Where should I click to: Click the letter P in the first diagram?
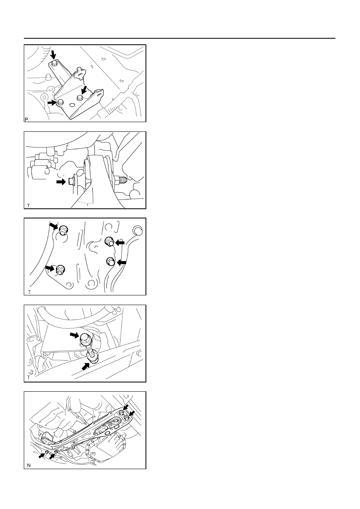click(26, 119)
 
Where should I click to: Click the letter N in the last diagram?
click(29, 465)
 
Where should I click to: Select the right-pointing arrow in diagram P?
click(52, 103)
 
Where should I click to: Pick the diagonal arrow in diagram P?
click(84, 89)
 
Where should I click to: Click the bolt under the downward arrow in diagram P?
click(54, 63)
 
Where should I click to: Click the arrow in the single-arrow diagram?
click(61, 182)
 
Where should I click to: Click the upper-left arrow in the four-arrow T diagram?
click(54, 226)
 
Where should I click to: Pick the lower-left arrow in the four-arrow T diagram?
click(50, 268)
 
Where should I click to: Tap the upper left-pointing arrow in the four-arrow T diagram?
click(120, 243)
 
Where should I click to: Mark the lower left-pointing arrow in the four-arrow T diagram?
click(122, 263)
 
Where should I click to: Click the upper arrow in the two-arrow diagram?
click(74, 335)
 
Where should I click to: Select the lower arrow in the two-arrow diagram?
click(85, 366)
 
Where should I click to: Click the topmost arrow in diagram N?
click(125, 407)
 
